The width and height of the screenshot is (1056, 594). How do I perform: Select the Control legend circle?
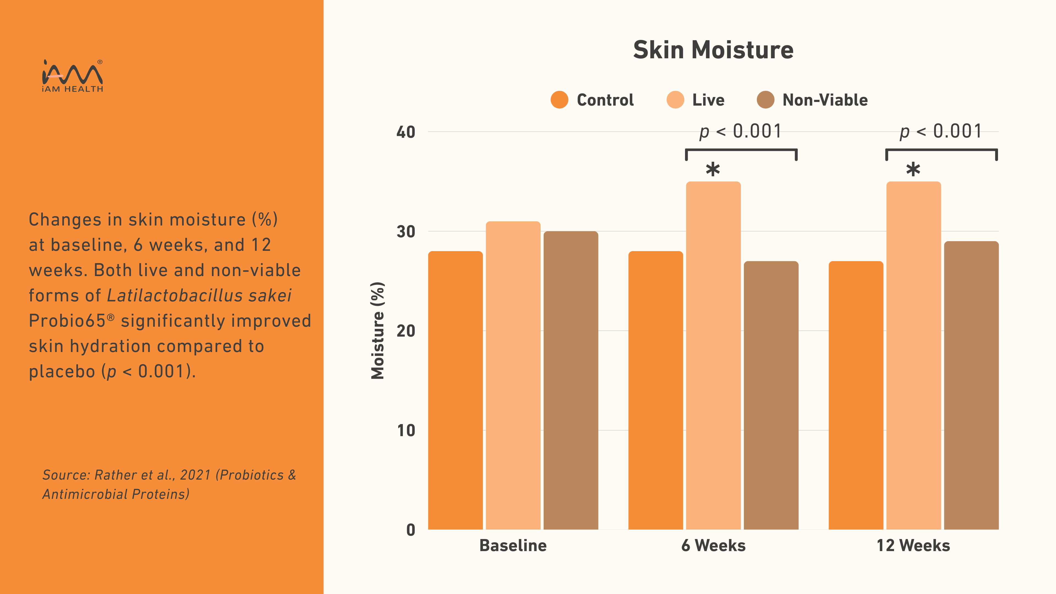[559, 100]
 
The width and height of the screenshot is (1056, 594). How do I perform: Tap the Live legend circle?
[675, 100]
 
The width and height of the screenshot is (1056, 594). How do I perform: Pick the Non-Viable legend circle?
[765, 100]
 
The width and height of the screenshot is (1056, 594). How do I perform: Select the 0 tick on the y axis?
[410, 530]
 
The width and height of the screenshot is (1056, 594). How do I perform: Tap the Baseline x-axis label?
[513, 546]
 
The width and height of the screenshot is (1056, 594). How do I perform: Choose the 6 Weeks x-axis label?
[713, 546]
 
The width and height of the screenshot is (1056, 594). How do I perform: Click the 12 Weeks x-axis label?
[913, 546]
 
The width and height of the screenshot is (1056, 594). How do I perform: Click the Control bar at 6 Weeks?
[656, 389]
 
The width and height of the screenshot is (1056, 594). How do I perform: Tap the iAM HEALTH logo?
[73, 76]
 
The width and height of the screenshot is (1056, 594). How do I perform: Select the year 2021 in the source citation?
[195, 475]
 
